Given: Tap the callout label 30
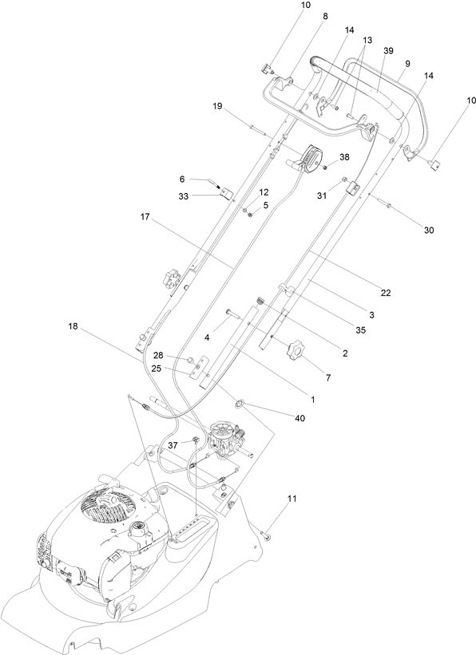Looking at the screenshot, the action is [429, 230].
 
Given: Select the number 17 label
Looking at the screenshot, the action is [145, 217].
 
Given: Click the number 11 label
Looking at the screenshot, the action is [292, 498].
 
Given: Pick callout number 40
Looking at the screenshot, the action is [300, 418].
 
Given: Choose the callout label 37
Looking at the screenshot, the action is [173, 445].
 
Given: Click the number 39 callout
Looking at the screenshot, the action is [389, 50].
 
